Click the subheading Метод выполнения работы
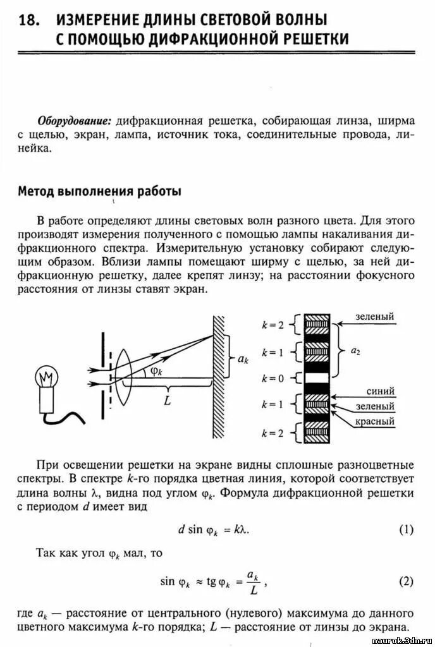click(x=99, y=191)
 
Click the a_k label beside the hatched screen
click(x=242, y=359)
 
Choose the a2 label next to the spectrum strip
click(x=355, y=351)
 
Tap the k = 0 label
click(x=273, y=379)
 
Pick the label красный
click(x=375, y=421)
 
